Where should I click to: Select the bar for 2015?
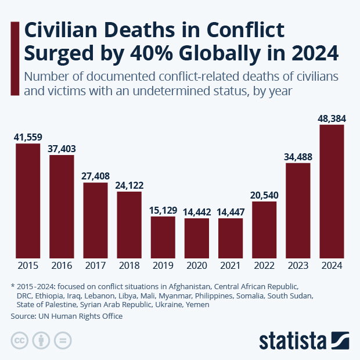28,201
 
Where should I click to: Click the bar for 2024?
332,192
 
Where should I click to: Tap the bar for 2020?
197,238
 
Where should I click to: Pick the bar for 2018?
129,225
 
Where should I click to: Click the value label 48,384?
332,118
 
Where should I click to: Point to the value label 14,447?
231,212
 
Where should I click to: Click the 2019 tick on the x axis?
163,266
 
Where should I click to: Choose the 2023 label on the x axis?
298,266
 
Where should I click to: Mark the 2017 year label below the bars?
95,266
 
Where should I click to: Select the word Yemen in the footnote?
197,304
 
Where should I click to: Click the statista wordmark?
293,340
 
